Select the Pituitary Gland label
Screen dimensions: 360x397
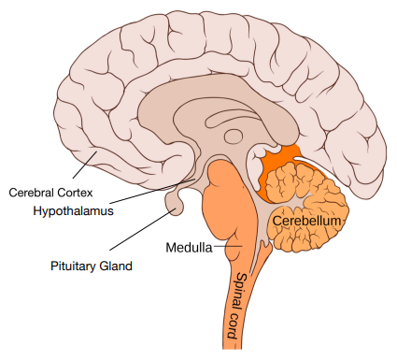coord(91,266)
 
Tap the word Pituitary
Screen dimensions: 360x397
coord(73,266)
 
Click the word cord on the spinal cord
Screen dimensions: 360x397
coord(234,322)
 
